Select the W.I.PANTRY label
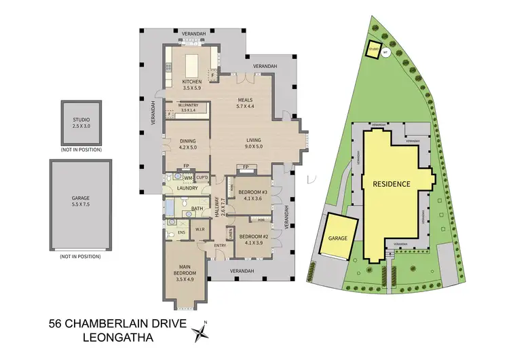click(178, 105)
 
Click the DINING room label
click(178, 140)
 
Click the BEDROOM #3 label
click(252, 192)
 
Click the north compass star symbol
click(202, 332)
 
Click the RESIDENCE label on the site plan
click(391, 183)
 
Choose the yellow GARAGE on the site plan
click(337, 238)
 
